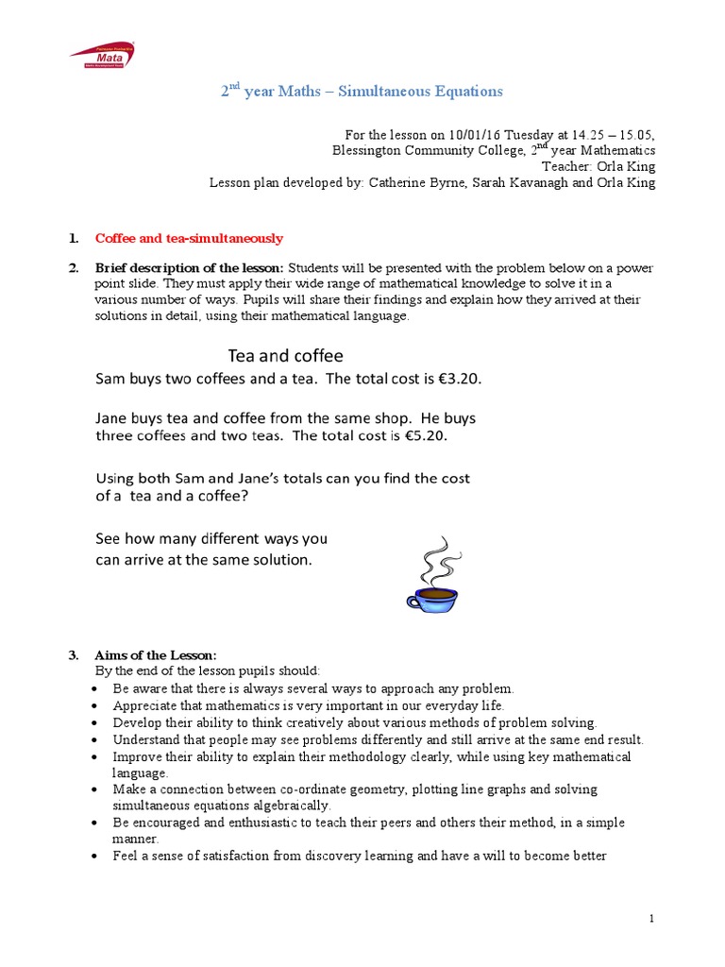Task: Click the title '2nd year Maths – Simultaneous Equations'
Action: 362,92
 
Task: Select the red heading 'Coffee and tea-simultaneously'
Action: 189,238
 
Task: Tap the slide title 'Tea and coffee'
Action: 285,356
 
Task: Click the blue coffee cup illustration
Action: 431,598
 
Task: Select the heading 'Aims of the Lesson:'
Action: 156,655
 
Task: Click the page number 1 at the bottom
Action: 652,918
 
